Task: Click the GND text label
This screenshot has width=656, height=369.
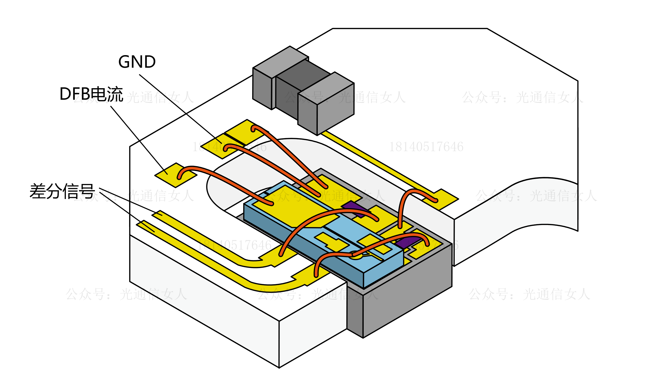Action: click(137, 62)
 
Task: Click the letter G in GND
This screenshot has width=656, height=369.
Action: click(124, 62)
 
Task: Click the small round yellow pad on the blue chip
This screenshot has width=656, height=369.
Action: click(356, 256)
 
